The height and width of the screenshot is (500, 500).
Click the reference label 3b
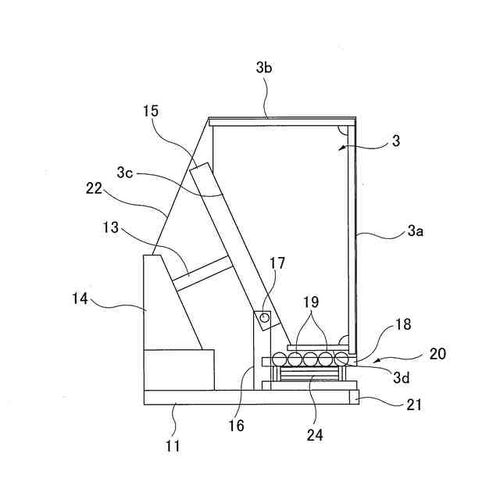click(x=264, y=68)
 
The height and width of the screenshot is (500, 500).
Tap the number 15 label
click(x=151, y=111)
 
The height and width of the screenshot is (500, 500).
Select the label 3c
click(x=126, y=170)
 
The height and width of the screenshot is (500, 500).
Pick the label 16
click(x=237, y=426)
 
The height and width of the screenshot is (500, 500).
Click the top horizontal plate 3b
click(x=281, y=120)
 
